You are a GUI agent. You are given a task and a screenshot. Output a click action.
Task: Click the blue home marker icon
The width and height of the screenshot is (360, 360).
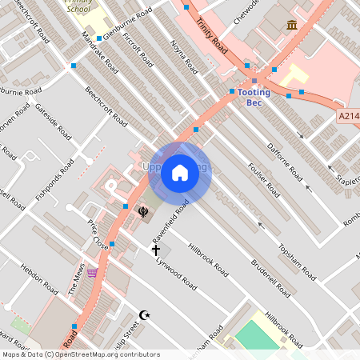(x=180, y=173)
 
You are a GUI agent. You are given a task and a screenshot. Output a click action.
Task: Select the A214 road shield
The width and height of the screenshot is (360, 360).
(x=348, y=117)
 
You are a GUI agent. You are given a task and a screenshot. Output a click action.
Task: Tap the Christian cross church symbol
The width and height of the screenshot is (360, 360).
(x=157, y=250)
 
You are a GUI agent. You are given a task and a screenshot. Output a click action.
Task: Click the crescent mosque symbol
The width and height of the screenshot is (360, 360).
(x=145, y=315)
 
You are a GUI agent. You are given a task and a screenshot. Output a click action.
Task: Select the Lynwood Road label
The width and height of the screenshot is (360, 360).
(x=177, y=272)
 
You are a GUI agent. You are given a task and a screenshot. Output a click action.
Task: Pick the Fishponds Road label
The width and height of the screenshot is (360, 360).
(x=55, y=180)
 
